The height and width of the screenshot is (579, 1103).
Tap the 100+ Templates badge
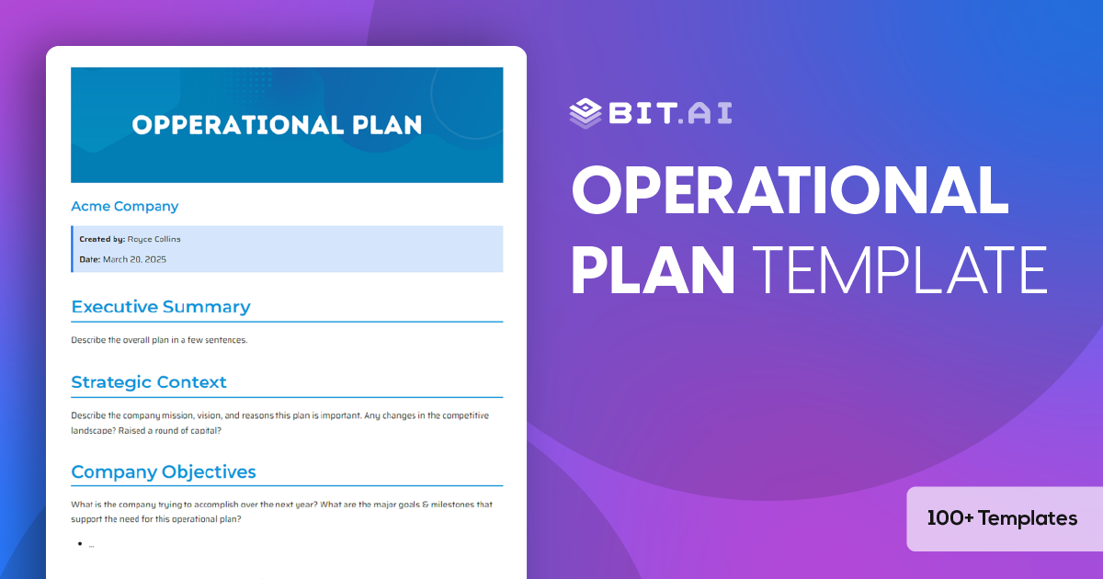click(1002, 518)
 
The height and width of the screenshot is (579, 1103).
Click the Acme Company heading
click(125, 207)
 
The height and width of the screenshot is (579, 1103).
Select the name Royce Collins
click(154, 239)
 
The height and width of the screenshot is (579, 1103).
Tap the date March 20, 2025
click(134, 259)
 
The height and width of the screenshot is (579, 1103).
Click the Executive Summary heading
click(161, 307)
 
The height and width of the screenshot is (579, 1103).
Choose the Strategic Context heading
click(149, 382)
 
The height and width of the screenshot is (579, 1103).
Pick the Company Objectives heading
click(164, 472)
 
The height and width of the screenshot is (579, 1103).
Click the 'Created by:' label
click(102, 239)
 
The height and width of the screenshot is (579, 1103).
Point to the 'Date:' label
click(89, 259)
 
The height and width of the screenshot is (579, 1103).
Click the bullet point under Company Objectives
click(81, 544)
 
